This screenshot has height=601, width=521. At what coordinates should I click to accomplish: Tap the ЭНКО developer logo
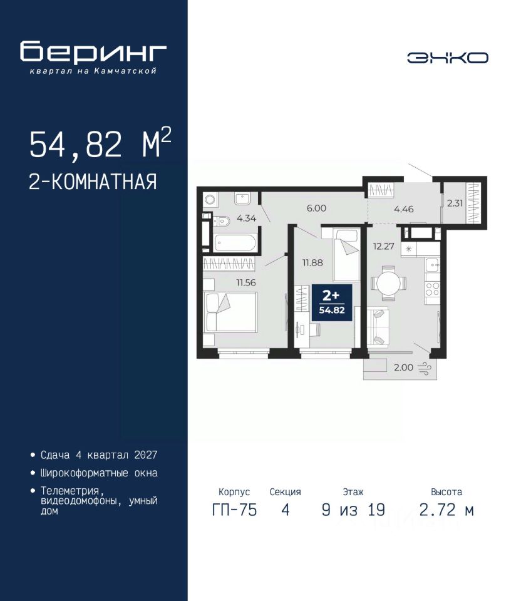pyautogui.click(x=447, y=58)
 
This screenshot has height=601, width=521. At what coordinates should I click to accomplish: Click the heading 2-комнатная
pyautogui.click(x=93, y=182)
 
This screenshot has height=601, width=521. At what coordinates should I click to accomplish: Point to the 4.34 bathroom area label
pyautogui.click(x=247, y=218)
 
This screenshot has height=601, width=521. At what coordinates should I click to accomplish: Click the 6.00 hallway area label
pyautogui.click(x=316, y=208)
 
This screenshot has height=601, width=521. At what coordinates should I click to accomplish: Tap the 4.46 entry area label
pyautogui.click(x=404, y=209)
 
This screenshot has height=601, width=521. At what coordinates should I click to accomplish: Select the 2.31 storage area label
pyautogui.click(x=455, y=203)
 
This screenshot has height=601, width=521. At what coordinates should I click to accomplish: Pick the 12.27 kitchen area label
pyautogui.click(x=383, y=246)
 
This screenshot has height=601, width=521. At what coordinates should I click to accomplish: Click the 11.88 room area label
pyautogui.click(x=312, y=262)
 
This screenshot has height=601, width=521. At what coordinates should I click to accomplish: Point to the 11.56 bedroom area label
pyautogui.click(x=245, y=282)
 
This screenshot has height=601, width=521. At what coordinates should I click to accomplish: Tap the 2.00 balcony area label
pyautogui.click(x=404, y=367)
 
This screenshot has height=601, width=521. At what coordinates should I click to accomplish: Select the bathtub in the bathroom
pyautogui.click(x=235, y=243)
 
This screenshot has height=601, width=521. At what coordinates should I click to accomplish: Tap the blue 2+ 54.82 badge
pyautogui.click(x=332, y=302)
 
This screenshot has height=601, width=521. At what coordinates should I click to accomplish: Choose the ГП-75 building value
pyautogui.click(x=234, y=510)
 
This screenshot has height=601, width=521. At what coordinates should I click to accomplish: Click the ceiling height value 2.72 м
pyautogui.click(x=446, y=510)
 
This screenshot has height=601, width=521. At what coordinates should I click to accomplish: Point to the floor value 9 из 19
pyautogui.click(x=353, y=510)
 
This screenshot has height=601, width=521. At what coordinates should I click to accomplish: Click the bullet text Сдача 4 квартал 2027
pyautogui.click(x=99, y=455)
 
